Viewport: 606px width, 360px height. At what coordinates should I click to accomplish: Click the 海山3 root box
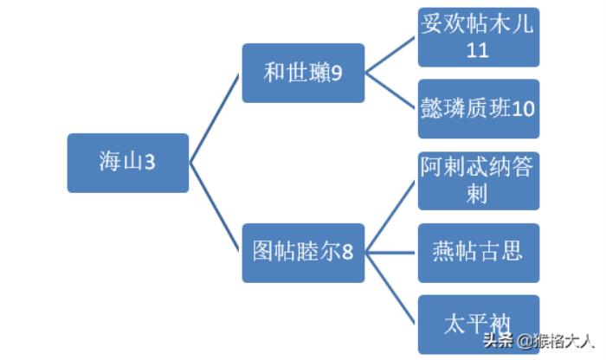click(127, 163)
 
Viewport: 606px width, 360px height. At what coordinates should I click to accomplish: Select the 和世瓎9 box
click(302, 73)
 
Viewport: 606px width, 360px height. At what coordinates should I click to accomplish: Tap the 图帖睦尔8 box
click(302, 253)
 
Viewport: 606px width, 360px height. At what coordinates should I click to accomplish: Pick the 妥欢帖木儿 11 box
click(478, 37)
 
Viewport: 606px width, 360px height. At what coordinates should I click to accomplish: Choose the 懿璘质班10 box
click(478, 109)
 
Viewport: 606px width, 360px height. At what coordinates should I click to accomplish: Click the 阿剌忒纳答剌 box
click(478, 181)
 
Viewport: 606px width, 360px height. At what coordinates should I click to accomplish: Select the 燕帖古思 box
click(478, 253)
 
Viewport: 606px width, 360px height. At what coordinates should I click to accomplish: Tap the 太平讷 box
click(478, 325)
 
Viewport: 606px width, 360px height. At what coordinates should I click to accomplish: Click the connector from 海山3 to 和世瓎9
click(215, 118)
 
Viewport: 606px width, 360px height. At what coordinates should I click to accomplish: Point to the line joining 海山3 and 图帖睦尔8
click(215, 208)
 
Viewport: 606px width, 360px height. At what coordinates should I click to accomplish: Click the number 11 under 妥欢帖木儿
click(478, 50)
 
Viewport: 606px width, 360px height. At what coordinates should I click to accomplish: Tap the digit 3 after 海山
click(150, 163)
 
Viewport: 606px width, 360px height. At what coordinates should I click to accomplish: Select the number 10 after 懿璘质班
click(523, 109)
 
